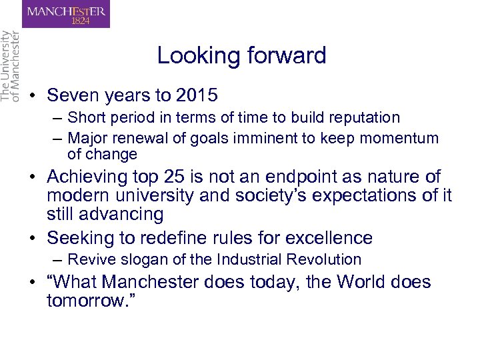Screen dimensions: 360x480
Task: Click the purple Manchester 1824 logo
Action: point(66,14)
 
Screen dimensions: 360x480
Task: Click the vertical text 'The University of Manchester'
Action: point(10,66)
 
